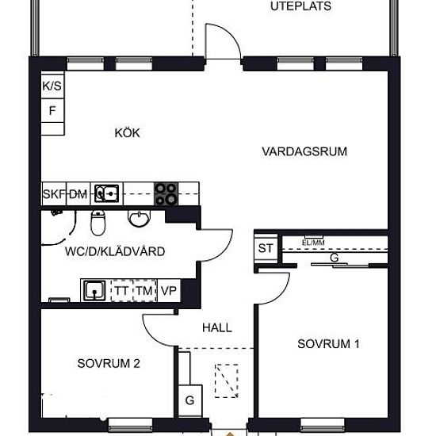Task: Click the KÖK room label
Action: (127, 133)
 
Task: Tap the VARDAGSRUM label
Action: (304, 151)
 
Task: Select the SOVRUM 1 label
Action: (328, 344)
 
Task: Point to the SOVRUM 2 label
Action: (109, 363)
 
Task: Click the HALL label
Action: (217, 327)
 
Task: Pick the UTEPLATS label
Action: (300, 6)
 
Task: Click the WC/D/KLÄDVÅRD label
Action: (115, 251)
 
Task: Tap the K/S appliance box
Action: (52, 85)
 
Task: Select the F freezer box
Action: (52, 110)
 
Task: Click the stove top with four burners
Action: (166, 193)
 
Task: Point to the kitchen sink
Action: (106, 193)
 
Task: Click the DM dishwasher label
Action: (78, 194)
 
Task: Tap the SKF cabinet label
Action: (54, 193)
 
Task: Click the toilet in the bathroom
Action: (98, 223)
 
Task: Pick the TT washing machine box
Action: (122, 291)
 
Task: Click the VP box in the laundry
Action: (169, 291)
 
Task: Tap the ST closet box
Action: (266, 248)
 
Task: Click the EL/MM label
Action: (313, 243)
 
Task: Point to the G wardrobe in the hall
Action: (190, 400)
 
